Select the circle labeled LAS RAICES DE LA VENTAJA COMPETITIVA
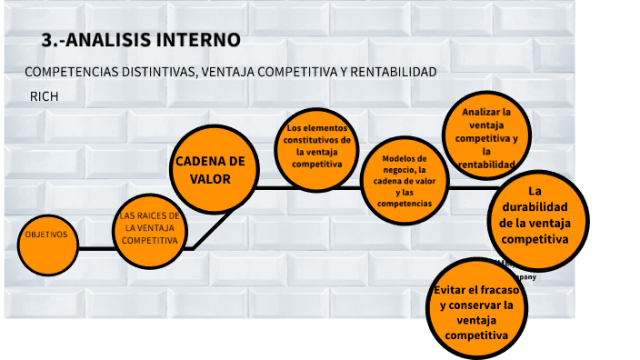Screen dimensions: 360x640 coord(150,229)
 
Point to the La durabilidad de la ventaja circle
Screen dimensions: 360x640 coord(535,216)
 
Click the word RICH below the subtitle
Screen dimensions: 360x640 coord(44,95)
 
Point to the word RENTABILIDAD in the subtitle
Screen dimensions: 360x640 coord(391,72)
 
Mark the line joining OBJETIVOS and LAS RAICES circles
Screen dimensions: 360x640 coord(96,247)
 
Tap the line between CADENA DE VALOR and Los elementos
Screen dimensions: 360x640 coord(265,188)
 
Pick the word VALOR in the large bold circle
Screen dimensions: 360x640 coord(210,179)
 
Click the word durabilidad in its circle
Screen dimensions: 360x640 coord(535,206)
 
